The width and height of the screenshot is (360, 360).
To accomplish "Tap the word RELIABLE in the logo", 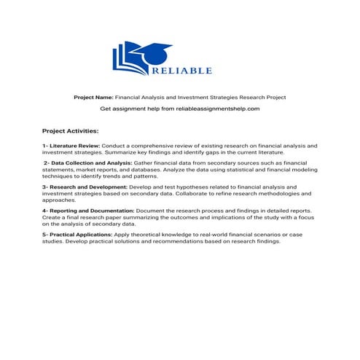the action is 181,71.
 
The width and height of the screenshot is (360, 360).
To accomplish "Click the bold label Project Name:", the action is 93,97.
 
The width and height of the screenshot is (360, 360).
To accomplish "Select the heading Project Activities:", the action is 70,131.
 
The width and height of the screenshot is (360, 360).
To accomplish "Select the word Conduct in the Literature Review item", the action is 113,146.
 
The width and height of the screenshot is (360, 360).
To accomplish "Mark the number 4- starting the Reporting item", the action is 45,211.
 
